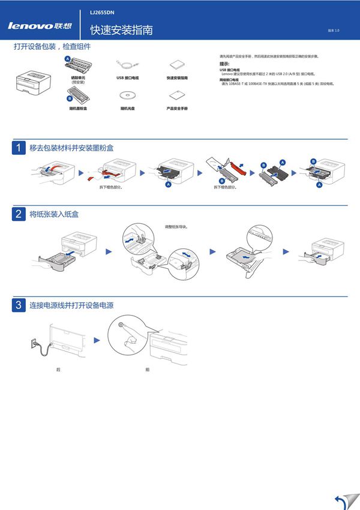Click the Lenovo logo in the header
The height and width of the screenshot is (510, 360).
[39, 26]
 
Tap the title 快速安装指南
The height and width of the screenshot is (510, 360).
[121, 30]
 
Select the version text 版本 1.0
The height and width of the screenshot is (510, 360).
[334, 30]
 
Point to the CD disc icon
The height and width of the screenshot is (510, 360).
[127, 95]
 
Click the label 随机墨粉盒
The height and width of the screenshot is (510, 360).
[78, 109]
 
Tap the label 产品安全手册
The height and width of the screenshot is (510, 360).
[177, 109]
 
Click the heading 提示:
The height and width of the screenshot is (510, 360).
[224, 64]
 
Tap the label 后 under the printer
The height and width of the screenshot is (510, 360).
[58, 370]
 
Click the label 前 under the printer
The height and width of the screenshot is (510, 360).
[147, 370]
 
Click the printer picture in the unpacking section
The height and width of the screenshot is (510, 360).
[32, 80]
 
